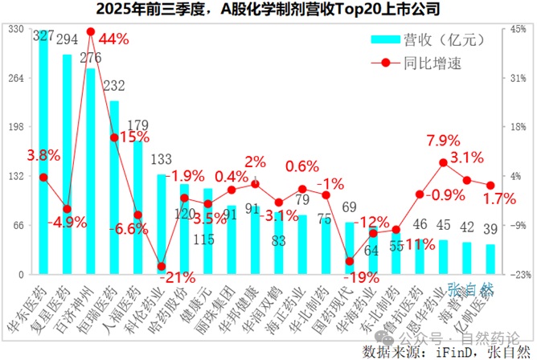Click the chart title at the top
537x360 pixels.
click(x=268, y=10)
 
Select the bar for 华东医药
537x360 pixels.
click(x=43, y=161)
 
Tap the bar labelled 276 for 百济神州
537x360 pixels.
click(x=90, y=177)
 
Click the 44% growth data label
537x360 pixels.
click(x=113, y=39)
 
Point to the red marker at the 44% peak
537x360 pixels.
click(x=91, y=32)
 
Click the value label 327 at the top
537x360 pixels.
click(x=44, y=36)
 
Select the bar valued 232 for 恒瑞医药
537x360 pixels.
click(x=114, y=193)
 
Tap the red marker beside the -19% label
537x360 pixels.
click(x=349, y=261)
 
